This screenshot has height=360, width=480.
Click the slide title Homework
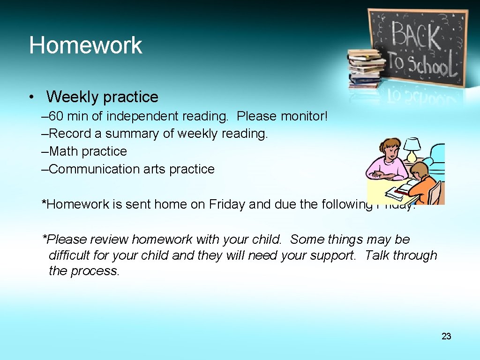[x=85, y=45]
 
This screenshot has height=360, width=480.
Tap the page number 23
[x=446, y=336]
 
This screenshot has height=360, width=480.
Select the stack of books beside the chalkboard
[x=365, y=69]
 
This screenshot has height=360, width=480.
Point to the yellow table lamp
[x=412, y=149]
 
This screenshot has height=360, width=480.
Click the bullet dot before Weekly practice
[x=31, y=97]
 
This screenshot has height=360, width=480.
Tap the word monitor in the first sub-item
[x=303, y=116]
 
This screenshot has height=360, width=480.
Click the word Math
[x=64, y=151]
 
